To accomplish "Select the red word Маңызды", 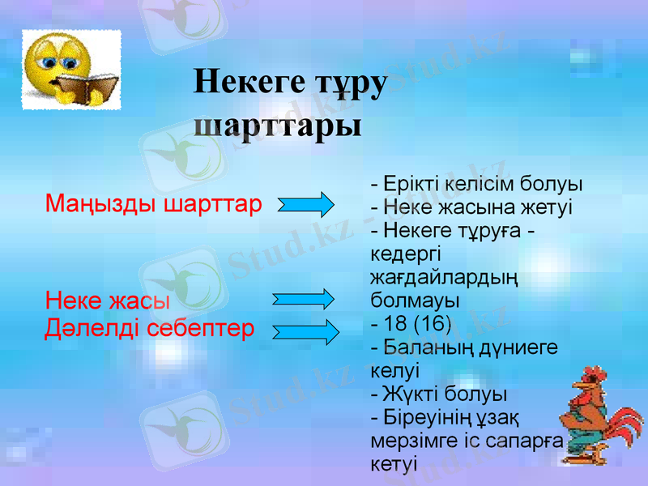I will [x=101, y=202].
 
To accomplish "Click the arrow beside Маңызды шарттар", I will [x=305, y=204].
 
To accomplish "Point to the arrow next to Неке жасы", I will [x=304, y=299].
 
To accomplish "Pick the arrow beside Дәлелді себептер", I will [x=305, y=330].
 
